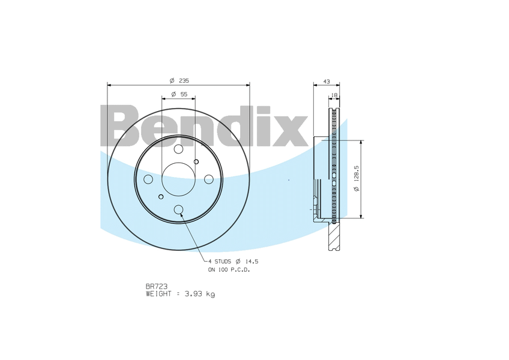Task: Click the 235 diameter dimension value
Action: (x=184, y=80)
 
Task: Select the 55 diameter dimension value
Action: (x=184, y=94)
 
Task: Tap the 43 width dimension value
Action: (x=327, y=82)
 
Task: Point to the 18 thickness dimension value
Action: (x=334, y=95)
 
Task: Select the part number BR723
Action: (x=157, y=286)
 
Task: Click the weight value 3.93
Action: (x=193, y=294)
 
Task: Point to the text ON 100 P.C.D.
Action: (x=229, y=270)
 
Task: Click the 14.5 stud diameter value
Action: (x=251, y=262)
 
